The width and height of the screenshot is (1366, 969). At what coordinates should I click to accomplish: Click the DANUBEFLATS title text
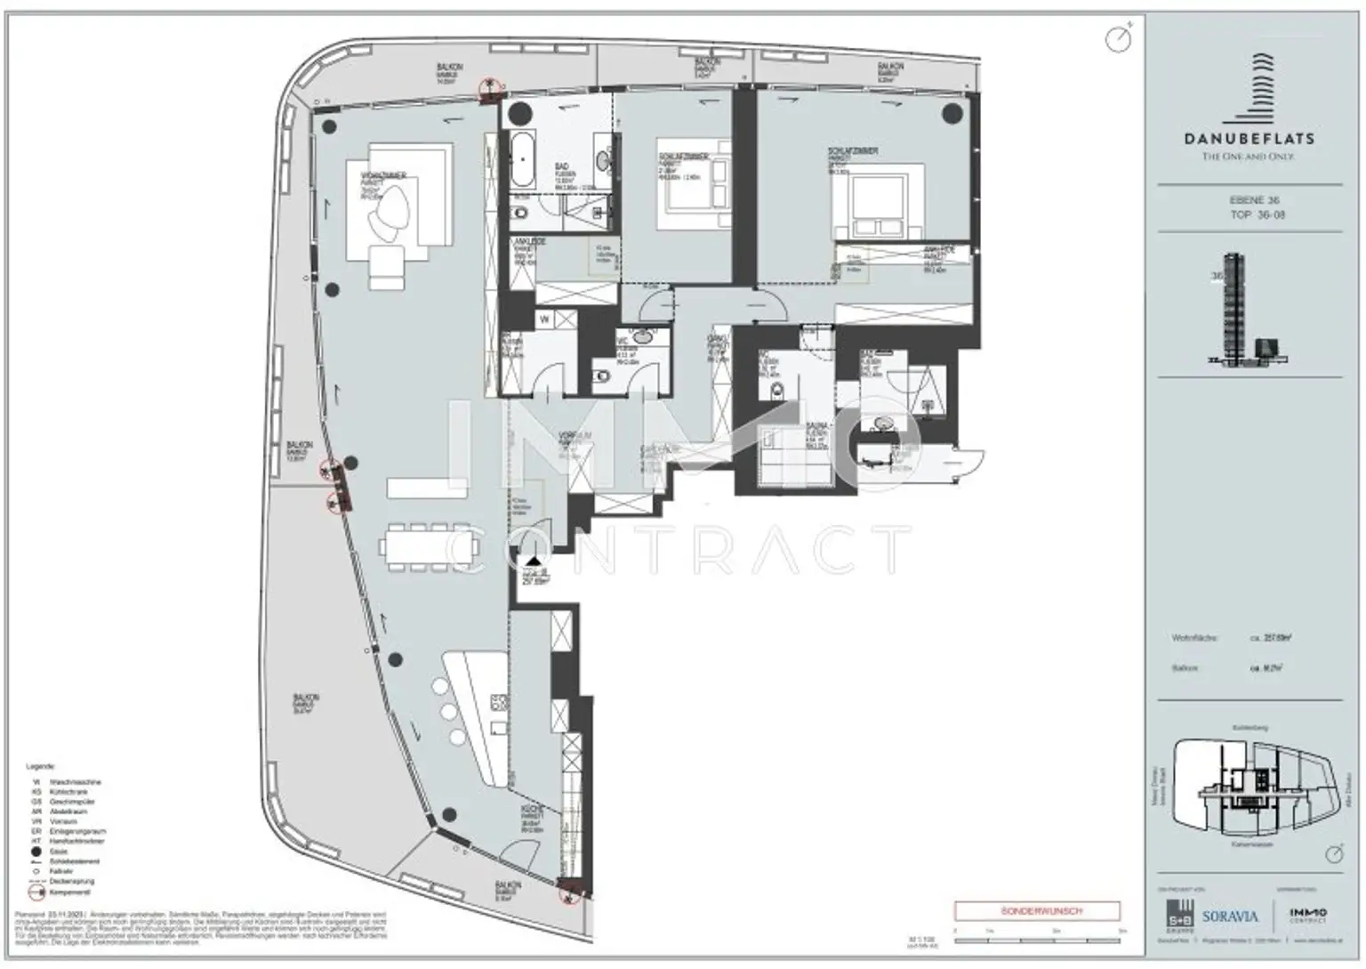point(1254,139)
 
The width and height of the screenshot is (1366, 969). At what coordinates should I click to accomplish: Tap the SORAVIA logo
point(1229,916)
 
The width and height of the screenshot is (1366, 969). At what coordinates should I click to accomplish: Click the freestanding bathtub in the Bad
point(520,160)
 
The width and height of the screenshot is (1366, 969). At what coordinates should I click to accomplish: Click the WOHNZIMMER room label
point(383,176)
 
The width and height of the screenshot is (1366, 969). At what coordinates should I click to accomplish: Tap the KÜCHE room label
point(532,812)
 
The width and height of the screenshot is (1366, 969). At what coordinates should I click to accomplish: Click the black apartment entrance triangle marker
point(532,561)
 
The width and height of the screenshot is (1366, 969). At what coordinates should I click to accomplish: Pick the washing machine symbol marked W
point(543,318)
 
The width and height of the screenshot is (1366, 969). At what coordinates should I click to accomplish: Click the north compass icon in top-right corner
point(1118,38)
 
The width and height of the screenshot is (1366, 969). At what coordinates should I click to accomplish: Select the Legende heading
point(41,766)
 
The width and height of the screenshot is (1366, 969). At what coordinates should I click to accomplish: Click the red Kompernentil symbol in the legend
point(36,891)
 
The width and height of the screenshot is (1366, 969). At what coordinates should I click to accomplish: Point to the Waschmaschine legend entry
point(76,782)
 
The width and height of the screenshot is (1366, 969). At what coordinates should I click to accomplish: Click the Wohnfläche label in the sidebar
point(1194,638)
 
